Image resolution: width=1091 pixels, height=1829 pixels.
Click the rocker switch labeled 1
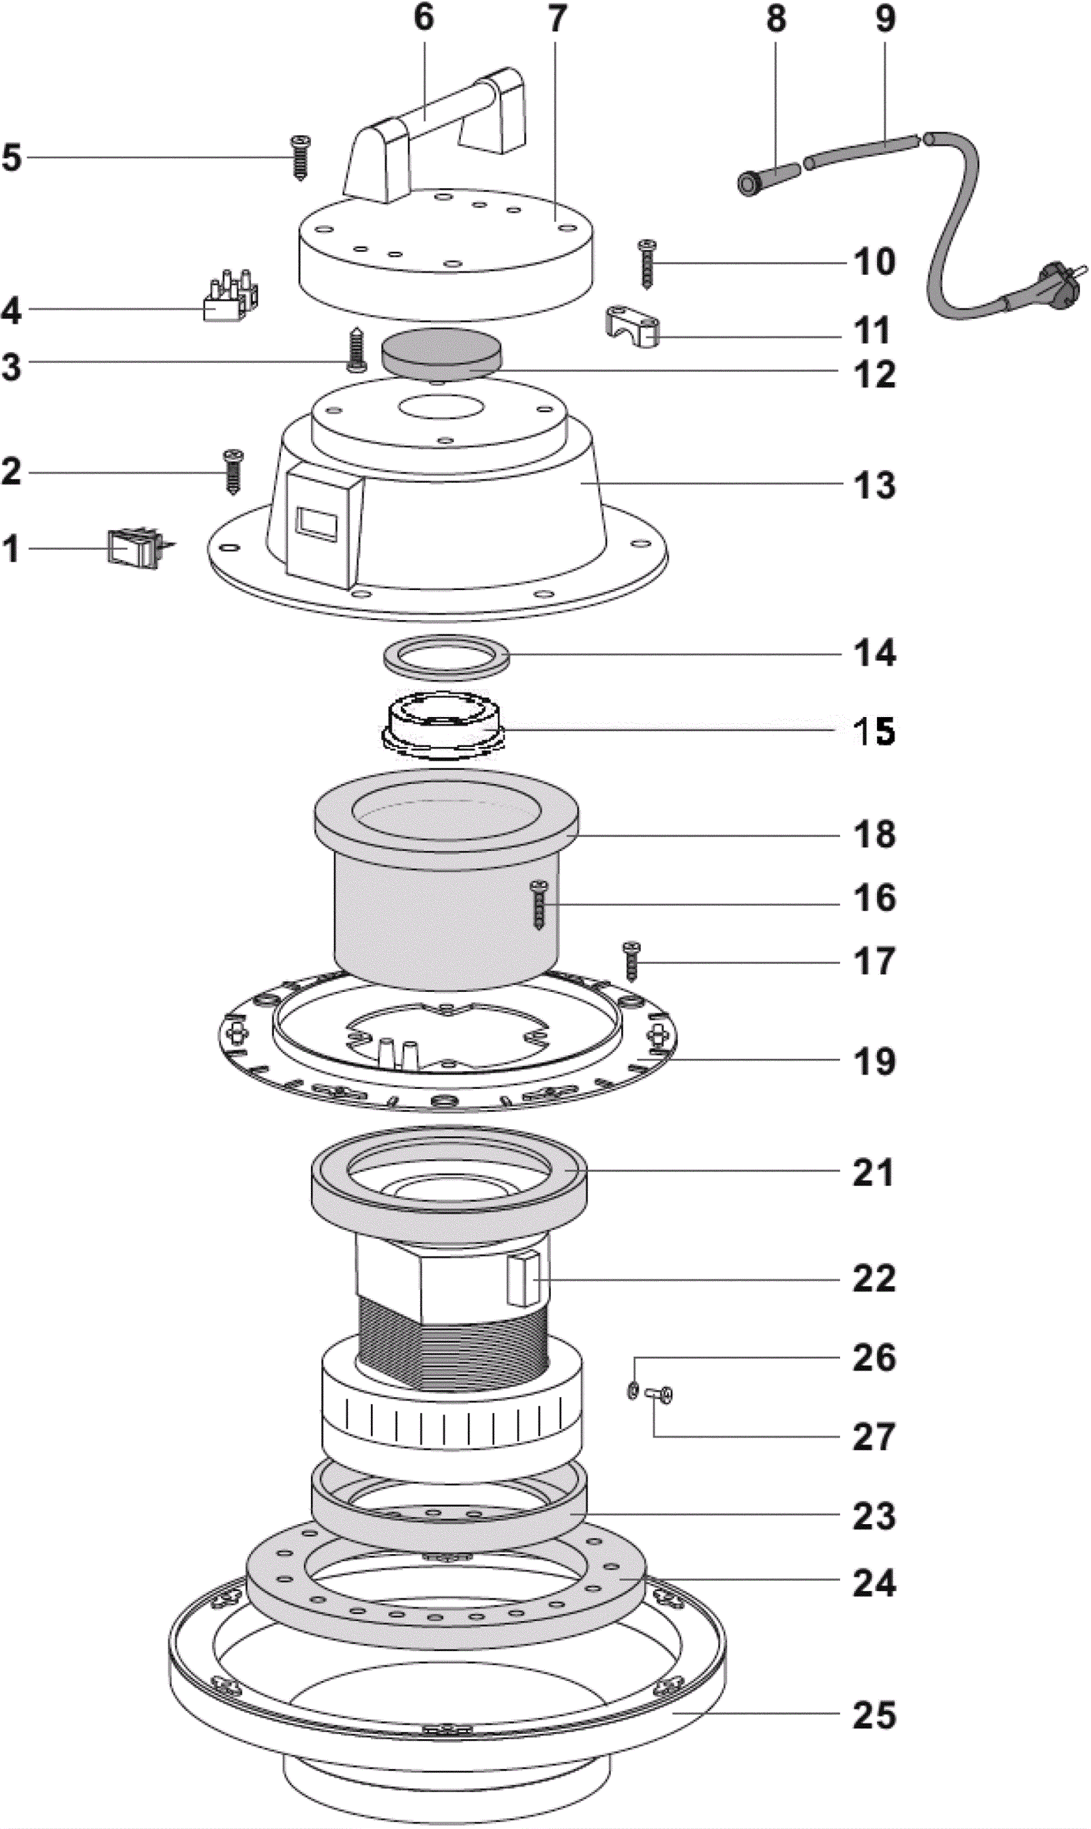tap(133, 548)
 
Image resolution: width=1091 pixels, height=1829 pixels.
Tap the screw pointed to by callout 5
tap(300, 157)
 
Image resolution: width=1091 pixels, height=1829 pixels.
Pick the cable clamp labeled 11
tap(632, 328)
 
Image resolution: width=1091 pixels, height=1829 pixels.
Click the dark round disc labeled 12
tap(442, 353)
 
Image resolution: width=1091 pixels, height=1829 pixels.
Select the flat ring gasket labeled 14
tap(449, 654)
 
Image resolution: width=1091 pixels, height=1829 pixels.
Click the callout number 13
tap(874, 485)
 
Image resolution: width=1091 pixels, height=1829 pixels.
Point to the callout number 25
tap(874, 1715)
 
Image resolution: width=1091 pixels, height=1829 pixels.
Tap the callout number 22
tap(874, 1278)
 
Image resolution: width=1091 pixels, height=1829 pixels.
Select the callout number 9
tap(885, 19)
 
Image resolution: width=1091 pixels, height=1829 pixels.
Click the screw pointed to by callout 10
tap(647, 263)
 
